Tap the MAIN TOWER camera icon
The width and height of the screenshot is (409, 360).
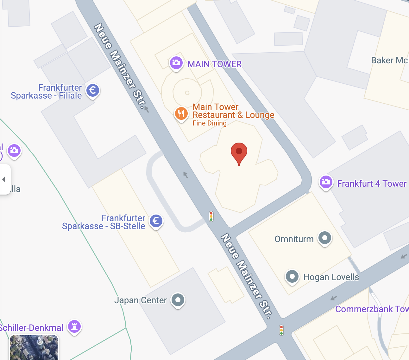coord(176,63)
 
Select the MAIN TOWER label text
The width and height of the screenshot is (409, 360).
coord(214,64)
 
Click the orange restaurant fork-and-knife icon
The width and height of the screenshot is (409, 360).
coord(181,113)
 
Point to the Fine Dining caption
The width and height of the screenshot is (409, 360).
coord(210,123)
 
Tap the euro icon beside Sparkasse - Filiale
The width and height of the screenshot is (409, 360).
coord(92,91)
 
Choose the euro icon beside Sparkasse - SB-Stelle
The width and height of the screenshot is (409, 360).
coord(156,221)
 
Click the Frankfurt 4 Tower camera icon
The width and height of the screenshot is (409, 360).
coord(326,182)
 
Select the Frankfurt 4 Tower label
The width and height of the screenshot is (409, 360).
coord(372,183)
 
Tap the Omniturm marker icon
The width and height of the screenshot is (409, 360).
coord(324,238)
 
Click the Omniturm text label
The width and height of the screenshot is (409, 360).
coord(294,239)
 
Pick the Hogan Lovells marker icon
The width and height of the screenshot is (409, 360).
coord(292,276)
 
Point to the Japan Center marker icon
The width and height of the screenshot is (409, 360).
coord(178,300)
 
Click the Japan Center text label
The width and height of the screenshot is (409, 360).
coord(140,300)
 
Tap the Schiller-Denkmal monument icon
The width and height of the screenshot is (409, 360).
coord(74,326)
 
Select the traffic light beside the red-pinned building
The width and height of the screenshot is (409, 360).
coord(211,216)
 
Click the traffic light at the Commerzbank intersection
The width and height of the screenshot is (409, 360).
coord(281,330)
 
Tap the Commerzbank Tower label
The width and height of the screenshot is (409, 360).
coord(372,309)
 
